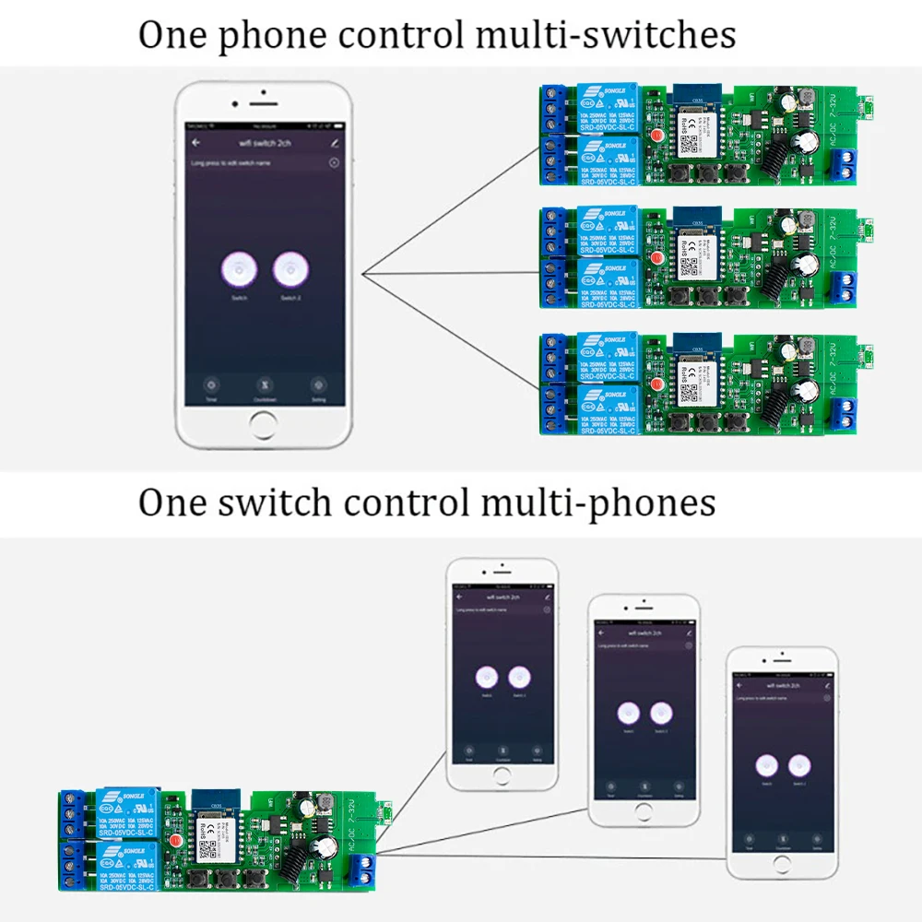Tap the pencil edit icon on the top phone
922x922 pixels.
coord(334,143)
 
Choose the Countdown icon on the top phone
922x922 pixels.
coord(265,385)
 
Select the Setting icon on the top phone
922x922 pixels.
coord(318,385)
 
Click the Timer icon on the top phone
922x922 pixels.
coord(212,385)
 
